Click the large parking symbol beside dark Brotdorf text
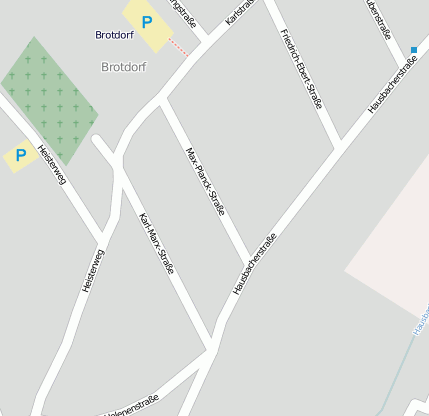point(148,22)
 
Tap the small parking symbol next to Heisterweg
point(19,155)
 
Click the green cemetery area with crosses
point(49,100)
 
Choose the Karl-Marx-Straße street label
point(157,244)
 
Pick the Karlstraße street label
point(240,13)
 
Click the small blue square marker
point(414,49)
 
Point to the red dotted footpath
point(178,45)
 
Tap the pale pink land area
point(395,250)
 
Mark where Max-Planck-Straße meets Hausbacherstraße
point(249,260)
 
